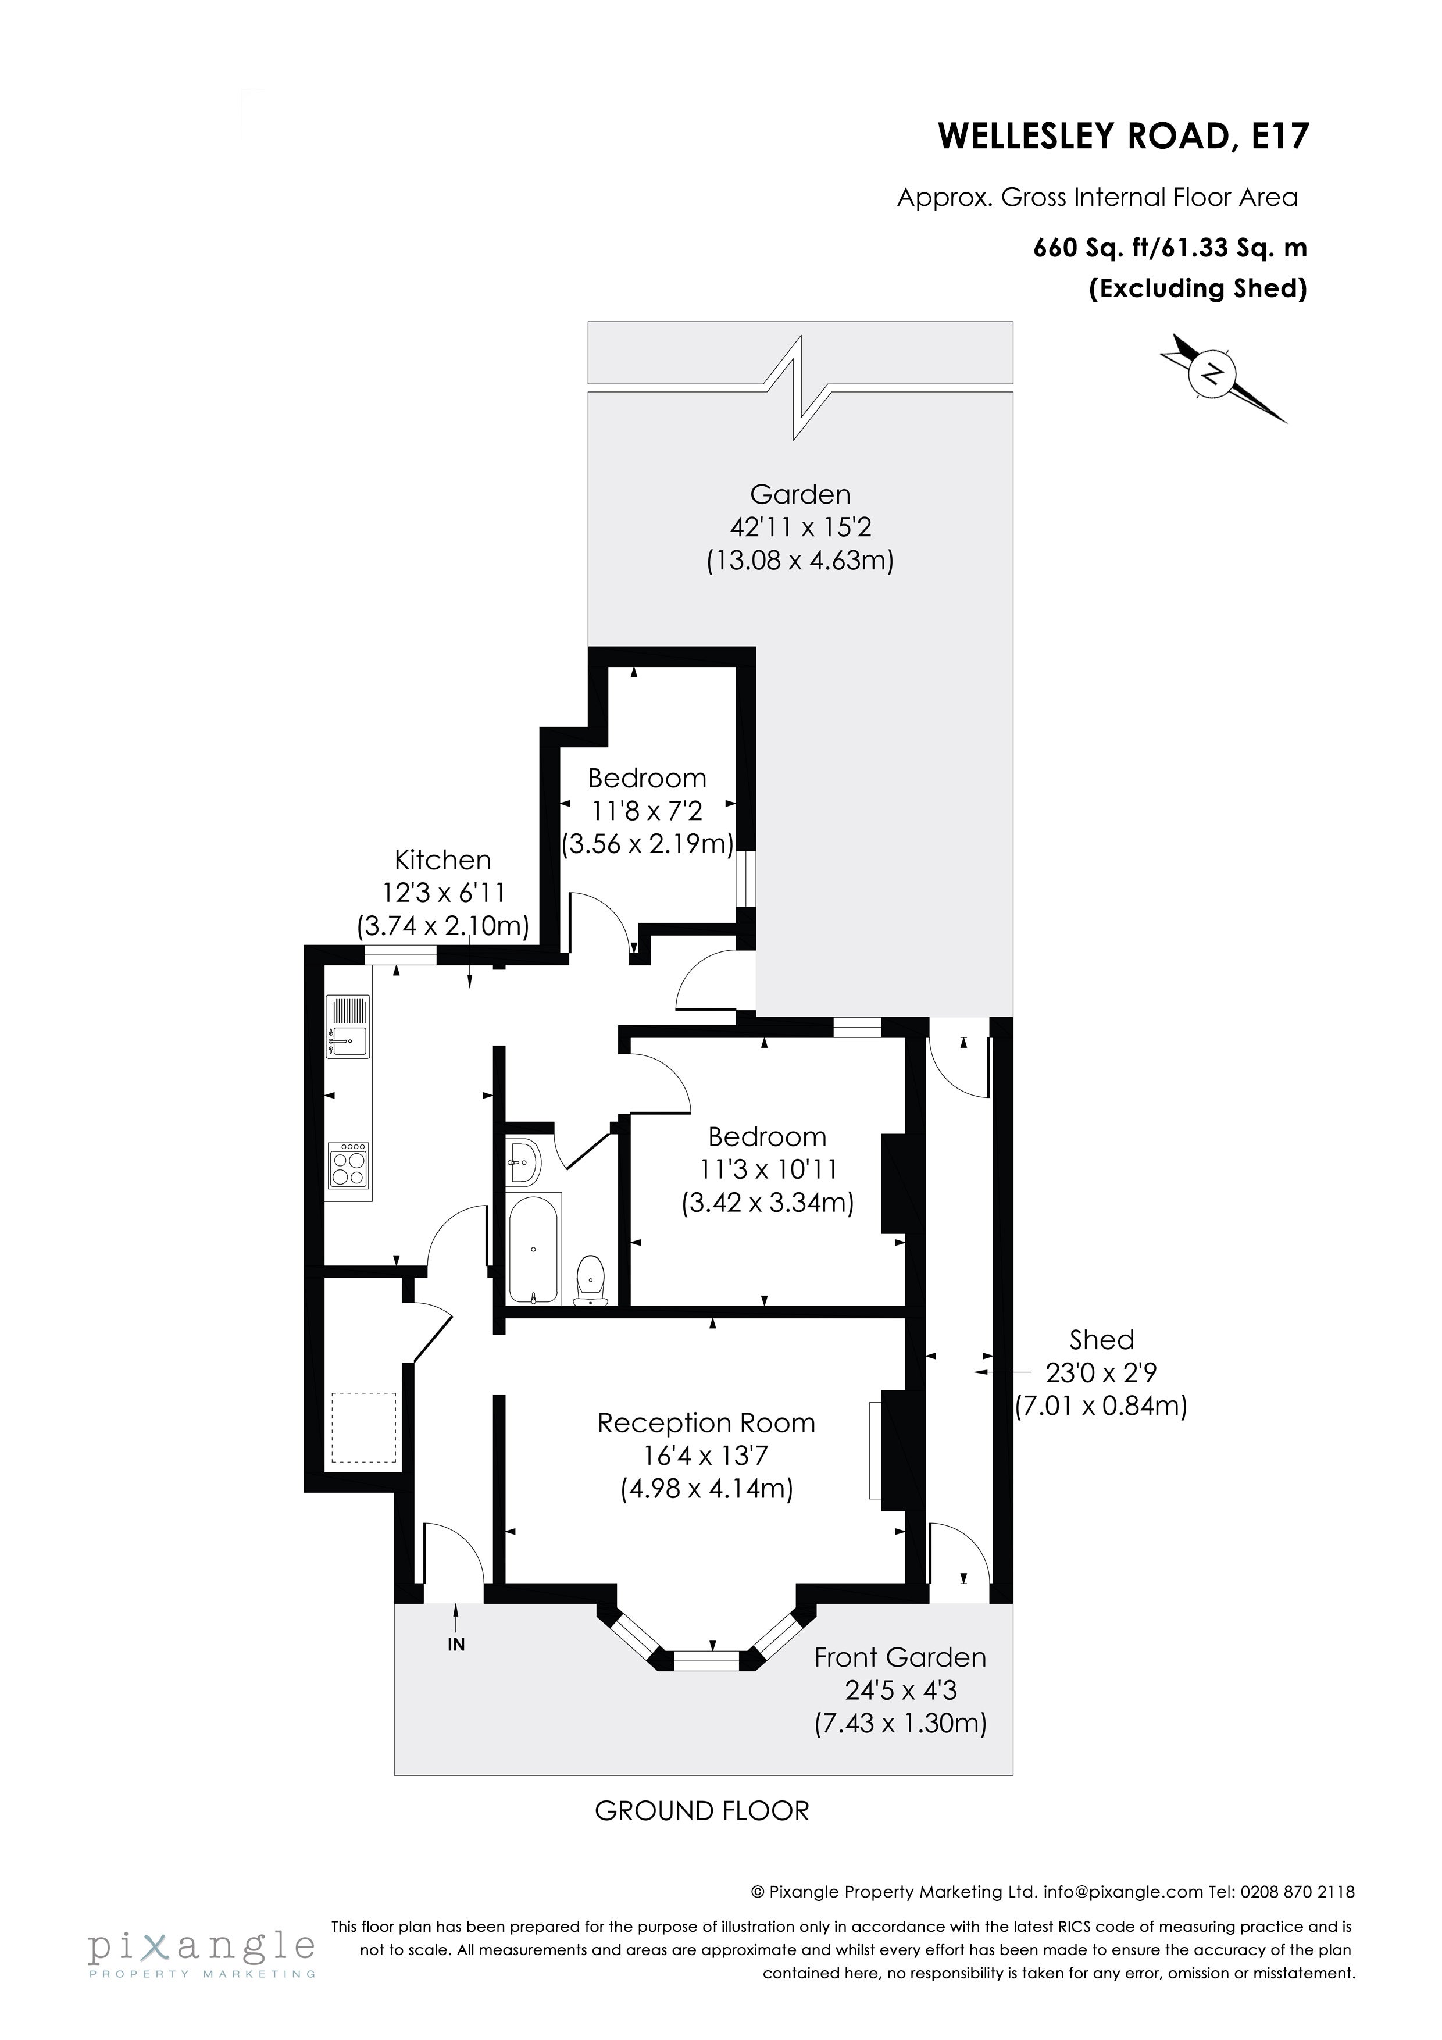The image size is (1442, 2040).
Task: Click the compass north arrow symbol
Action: click(x=1223, y=377)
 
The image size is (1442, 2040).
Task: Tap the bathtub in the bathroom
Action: click(x=533, y=1249)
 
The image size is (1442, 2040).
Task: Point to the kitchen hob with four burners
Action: click(x=348, y=1165)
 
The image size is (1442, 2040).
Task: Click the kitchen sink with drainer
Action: click(x=348, y=1026)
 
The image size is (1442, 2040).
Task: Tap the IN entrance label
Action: click(x=456, y=1644)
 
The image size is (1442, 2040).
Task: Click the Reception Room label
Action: click(x=706, y=1422)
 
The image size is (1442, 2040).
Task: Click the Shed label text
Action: click(x=1102, y=1339)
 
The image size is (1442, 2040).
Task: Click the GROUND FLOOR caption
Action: click(x=702, y=1811)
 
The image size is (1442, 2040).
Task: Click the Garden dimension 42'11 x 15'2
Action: click(x=801, y=527)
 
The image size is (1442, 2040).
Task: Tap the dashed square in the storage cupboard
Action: click(x=363, y=1428)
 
